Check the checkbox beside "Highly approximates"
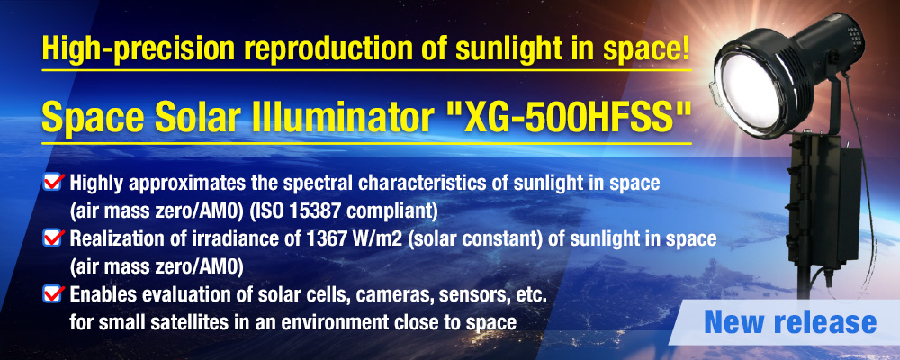[53, 184]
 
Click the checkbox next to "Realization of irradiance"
[53, 239]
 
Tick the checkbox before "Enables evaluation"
[53, 295]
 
